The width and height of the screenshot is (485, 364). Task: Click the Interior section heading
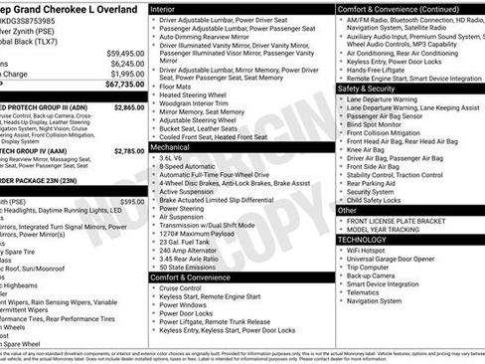click(x=163, y=8)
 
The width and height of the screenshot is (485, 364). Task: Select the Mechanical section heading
click(x=171, y=145)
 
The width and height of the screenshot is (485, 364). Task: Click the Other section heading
click(x=348, y=210)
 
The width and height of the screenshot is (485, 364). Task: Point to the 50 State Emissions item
click(x=193, y=268)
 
